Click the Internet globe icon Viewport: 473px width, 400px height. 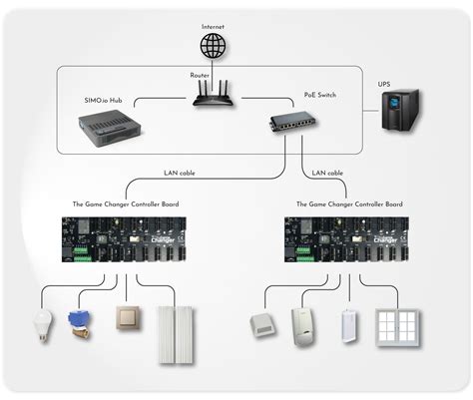(x=214, y=45)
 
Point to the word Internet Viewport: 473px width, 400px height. (x=214, y=25)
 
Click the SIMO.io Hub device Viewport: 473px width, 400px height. (x=112, y=128)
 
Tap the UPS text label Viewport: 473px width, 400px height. (x=384, y=85)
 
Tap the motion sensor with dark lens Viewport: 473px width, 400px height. (x=303, y=325)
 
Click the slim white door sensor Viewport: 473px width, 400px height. (x=348, y=326)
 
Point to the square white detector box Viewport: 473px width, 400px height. (x=260, y=323)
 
